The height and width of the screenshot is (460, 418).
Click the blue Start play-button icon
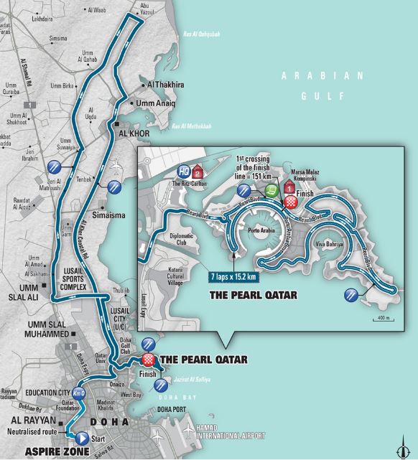(82, 437)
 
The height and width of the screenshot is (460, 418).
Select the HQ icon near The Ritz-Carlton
(184, 172)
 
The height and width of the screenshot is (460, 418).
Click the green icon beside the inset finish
(271, 190)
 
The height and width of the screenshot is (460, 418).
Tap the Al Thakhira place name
(165, 84)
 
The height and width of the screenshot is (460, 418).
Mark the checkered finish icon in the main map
(149, 360)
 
